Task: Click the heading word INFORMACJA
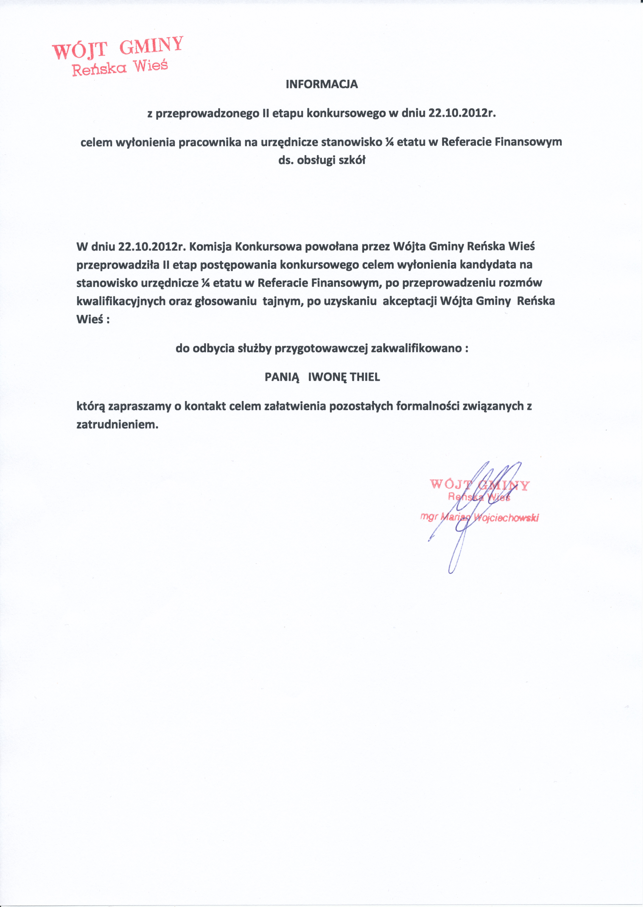pos(321,84)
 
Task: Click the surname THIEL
pos(365,377)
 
